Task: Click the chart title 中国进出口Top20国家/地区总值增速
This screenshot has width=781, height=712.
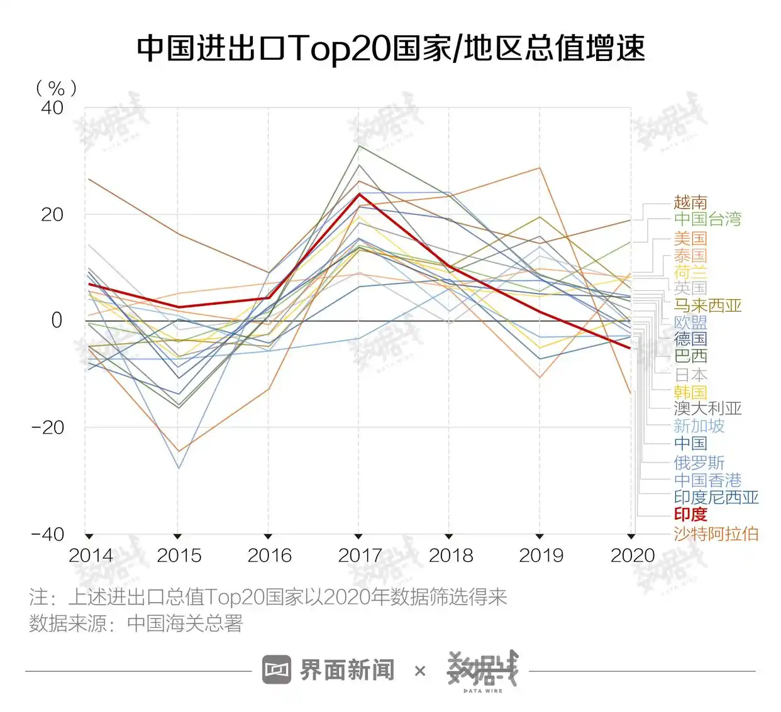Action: point(390,48)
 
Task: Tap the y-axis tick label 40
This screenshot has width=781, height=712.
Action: point(52,107)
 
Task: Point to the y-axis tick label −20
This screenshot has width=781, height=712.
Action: point(48,427)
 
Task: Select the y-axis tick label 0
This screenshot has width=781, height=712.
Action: point(57,320)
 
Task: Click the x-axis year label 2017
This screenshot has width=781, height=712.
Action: point(360,556)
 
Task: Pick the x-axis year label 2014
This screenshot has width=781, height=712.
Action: point(91,556)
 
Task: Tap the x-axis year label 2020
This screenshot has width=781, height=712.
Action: point(632,556)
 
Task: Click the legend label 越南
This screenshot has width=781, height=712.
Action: point(690,202)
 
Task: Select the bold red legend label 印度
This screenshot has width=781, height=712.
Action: point(690,515)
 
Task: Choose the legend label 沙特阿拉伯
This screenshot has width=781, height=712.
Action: point(716,534)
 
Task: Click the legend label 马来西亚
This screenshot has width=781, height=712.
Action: point(707,305)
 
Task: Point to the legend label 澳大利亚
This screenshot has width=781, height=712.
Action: point(707,408)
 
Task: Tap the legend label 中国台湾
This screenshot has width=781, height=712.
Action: point(707,219)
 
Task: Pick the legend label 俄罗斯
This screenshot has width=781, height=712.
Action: point(699,463)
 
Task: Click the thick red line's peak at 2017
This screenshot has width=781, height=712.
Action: point(359,194)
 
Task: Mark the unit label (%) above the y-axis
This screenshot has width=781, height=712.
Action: point(56,88)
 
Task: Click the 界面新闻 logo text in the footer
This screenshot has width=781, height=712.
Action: point(346,671)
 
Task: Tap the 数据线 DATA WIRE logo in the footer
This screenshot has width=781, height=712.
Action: point(482,671)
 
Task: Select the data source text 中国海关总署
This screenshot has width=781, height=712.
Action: point(185,624)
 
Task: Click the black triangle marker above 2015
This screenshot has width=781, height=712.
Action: point(178,536)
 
